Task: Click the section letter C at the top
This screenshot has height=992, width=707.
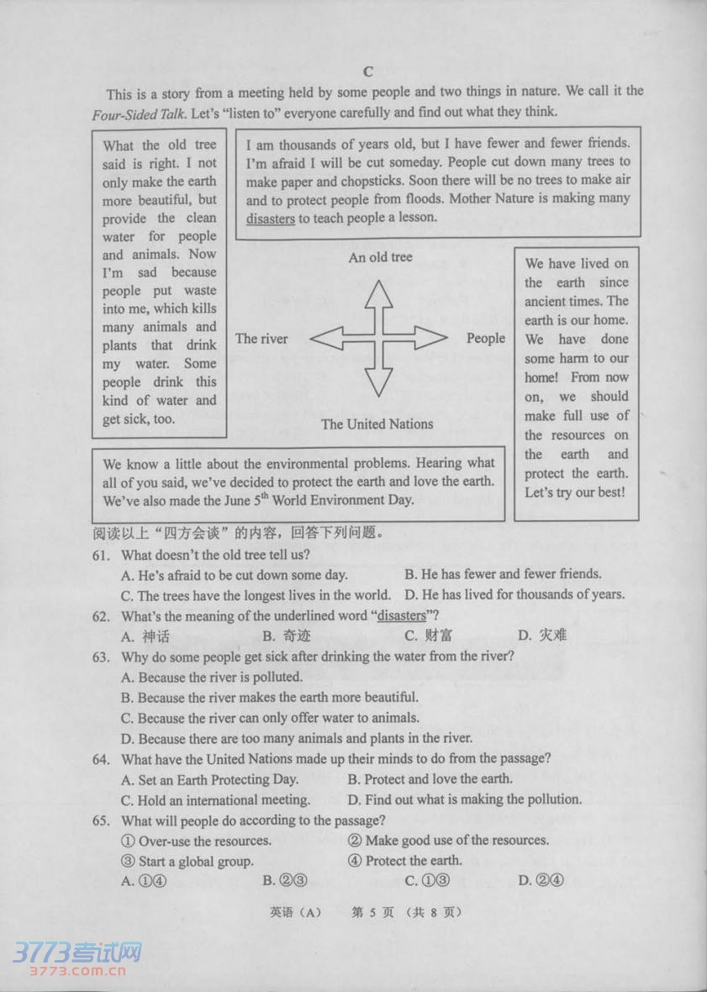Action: click(x=367, y=71)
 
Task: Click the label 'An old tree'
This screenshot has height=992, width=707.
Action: click(x=380, y=257)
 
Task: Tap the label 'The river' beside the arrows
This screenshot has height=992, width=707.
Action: click(x=261, y=339)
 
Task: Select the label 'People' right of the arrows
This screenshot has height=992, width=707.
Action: click(x=486, y=338)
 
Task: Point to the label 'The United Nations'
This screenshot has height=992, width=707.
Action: click(x=377, y=424)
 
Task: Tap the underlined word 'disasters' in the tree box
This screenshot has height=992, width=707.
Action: click(x=271, y=218)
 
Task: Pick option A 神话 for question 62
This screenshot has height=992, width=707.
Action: click(x=146, y=636)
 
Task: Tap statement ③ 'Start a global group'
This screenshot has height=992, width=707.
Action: click(x=187, y=860)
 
